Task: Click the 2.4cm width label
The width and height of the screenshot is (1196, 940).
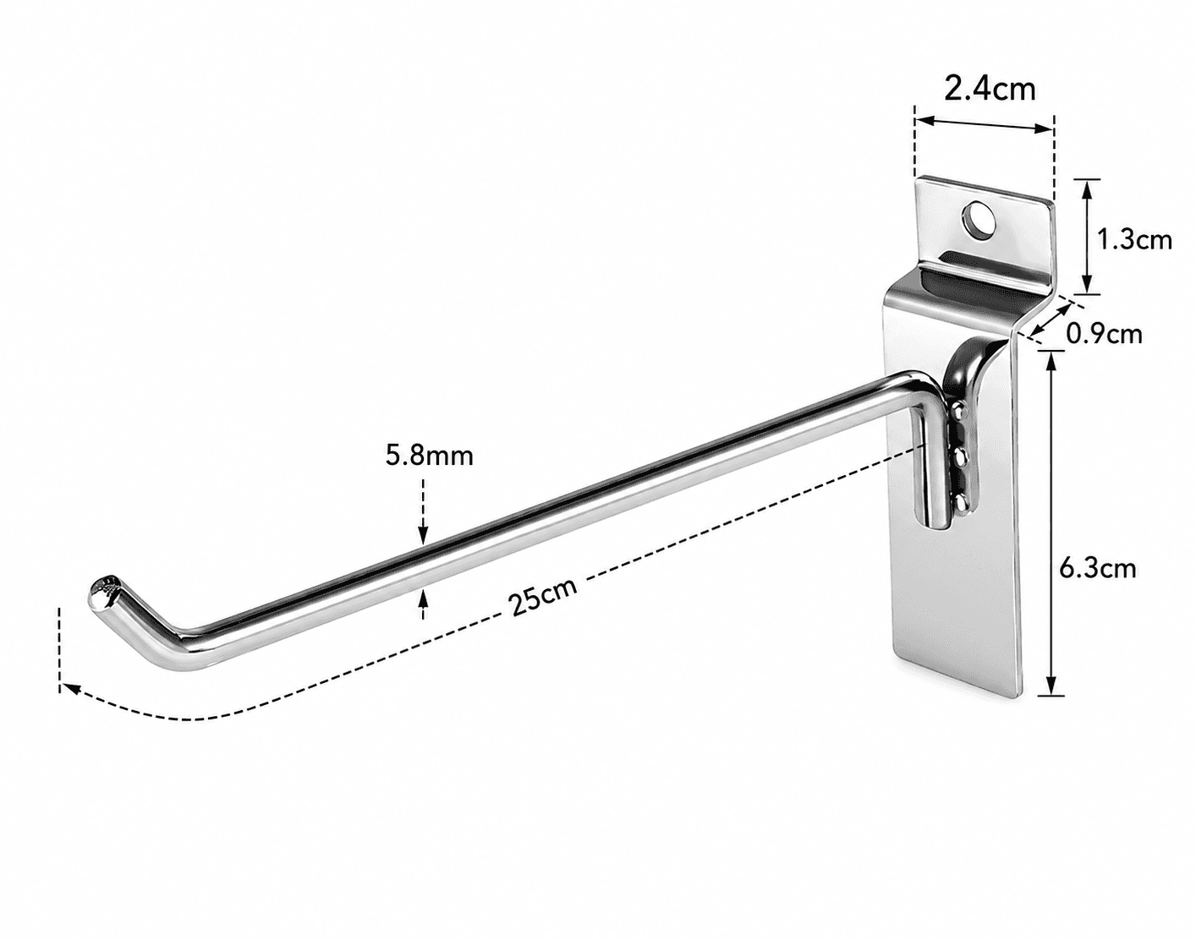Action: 990,90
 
